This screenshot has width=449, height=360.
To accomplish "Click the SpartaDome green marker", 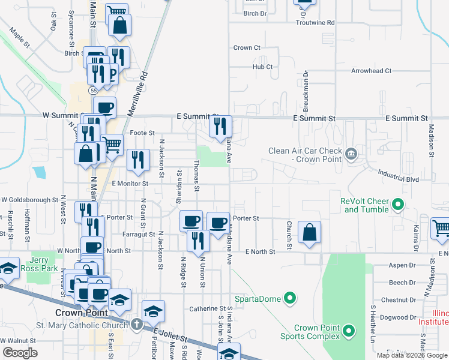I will pos(290,298).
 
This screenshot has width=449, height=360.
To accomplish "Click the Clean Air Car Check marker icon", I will pos(351,155).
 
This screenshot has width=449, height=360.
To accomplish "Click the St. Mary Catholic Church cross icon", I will pos(136,325).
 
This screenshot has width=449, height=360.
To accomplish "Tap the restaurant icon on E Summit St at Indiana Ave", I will pos(220,126).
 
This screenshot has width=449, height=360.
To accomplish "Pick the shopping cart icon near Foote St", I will pos(111,143).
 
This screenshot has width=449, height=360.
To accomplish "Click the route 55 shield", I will pos(92,90).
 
